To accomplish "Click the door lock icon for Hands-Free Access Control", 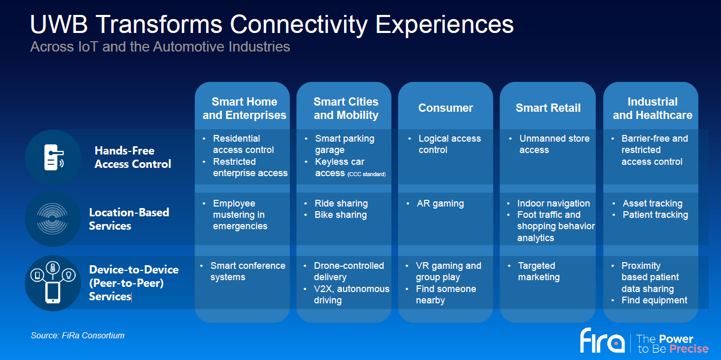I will click(x=53, y=158).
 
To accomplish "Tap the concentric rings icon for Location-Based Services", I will click(x=53, y=219).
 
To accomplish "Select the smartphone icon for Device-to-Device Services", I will click(x=53, y=292).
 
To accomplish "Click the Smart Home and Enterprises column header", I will click(x=244, y=109).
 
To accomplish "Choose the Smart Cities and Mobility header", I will click(x=346, y=109).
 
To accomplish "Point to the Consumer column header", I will click(x=445, y=108).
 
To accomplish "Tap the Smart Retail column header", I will click(x=548, y=108).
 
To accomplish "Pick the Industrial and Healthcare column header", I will click(x=653, y=109).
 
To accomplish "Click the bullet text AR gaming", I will click(x=440, y=203).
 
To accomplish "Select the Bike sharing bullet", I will click(x=340, y=215).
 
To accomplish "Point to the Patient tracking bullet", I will click(x=655, y=215).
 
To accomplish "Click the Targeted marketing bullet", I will click(x=538, y=271).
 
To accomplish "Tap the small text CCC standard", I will click(x=366, y=174).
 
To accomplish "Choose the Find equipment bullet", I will click(x=654, y=300).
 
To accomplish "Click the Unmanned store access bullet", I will click(x=554, y=144).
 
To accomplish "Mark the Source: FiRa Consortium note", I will click(x=78, y=336).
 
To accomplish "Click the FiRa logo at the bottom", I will click(x=602, y=340).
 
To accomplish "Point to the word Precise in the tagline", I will click(x=689, y=349).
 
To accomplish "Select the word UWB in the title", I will click(x=59, y=24).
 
